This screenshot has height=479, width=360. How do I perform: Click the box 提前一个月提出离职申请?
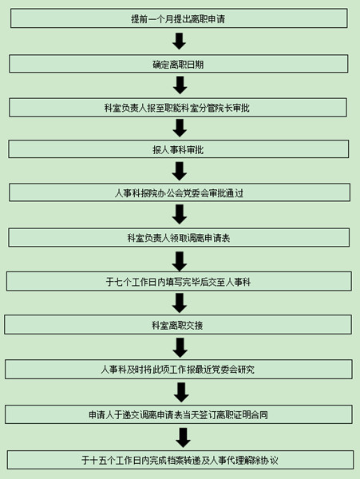point(179,18)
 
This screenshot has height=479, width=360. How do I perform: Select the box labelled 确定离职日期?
point(179,64)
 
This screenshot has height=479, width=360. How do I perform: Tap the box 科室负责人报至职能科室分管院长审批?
point(178,107)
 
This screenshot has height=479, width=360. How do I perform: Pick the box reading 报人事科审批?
point(179,149)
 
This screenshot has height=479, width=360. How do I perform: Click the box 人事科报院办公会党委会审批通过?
point(180,192)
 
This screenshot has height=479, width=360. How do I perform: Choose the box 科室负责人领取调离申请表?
point(179,237)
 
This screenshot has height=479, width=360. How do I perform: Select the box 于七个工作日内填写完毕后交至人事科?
point(179,281)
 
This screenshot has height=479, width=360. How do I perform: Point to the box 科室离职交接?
point(178,325)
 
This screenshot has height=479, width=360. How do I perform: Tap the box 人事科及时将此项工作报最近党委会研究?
point(179,370)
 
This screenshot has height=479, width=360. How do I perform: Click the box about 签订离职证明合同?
point(179,414)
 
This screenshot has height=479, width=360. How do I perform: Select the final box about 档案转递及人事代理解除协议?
point(180,460)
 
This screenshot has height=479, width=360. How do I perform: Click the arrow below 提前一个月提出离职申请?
point(180,42)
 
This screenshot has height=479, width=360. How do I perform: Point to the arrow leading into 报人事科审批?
point(180,128)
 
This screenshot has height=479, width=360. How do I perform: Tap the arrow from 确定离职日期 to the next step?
point(180,85)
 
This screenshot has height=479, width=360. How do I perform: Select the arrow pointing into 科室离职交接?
point(180,303)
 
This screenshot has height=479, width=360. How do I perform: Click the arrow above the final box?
point(184,438)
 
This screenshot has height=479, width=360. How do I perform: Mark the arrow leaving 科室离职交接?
point(180,347)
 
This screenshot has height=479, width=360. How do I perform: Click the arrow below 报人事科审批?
point(180,171)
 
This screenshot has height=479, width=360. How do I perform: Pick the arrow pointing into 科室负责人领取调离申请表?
point(180,215)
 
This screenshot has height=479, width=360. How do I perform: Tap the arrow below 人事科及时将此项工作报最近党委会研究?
point(181,393)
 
